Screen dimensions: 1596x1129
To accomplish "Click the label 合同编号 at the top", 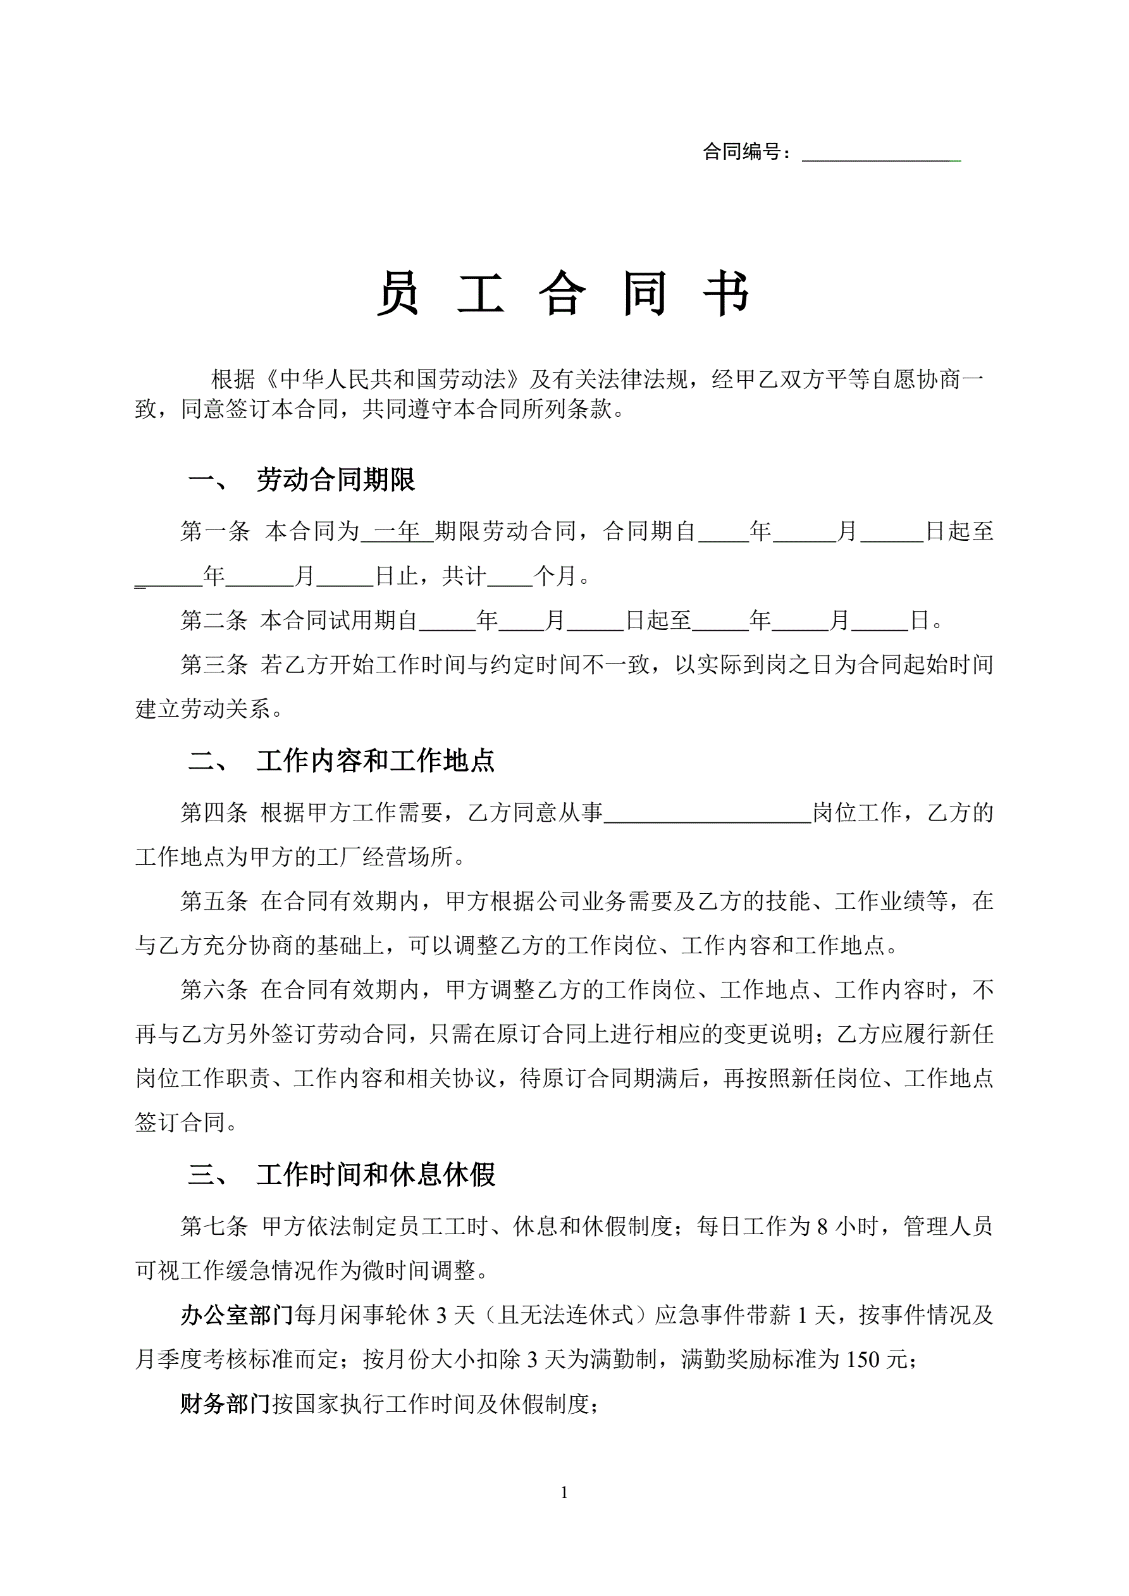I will tap(741, 152).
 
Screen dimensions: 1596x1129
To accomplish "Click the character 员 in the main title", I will tap(398, 294).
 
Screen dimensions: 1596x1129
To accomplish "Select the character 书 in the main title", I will tap(726, 294).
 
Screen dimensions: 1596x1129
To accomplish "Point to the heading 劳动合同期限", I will tap(336, 480).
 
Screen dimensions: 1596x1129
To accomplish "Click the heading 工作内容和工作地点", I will tap(376, 761).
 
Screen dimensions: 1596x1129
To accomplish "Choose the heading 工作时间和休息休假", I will tap(376, 1175).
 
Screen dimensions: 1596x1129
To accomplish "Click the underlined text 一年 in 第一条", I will tap(397, 532).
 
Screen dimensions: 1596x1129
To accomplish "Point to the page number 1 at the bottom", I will tap(564, 1492).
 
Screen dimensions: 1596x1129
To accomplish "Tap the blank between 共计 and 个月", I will tap(510, 577).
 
